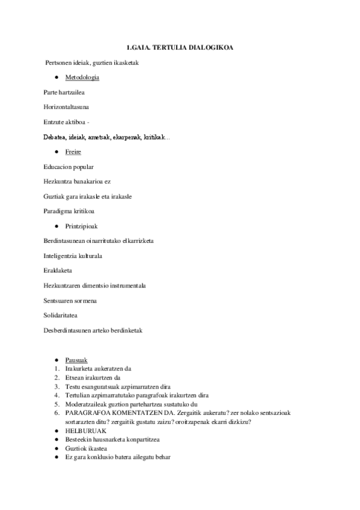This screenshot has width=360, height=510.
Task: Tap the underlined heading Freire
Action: (73, 152)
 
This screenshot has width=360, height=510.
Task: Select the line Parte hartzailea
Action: (63, 93)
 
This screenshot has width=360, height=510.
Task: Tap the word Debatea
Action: (55, 137)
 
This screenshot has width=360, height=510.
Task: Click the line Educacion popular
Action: (68, 167)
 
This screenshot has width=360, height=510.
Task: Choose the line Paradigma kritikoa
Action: (69, 211)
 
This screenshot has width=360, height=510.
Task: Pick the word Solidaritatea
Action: (61, 315)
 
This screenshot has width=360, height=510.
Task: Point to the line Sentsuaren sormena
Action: (70, 300)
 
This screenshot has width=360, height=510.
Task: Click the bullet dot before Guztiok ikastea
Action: (55, 449)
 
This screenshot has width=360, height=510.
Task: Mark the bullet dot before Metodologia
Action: (55, 78)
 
